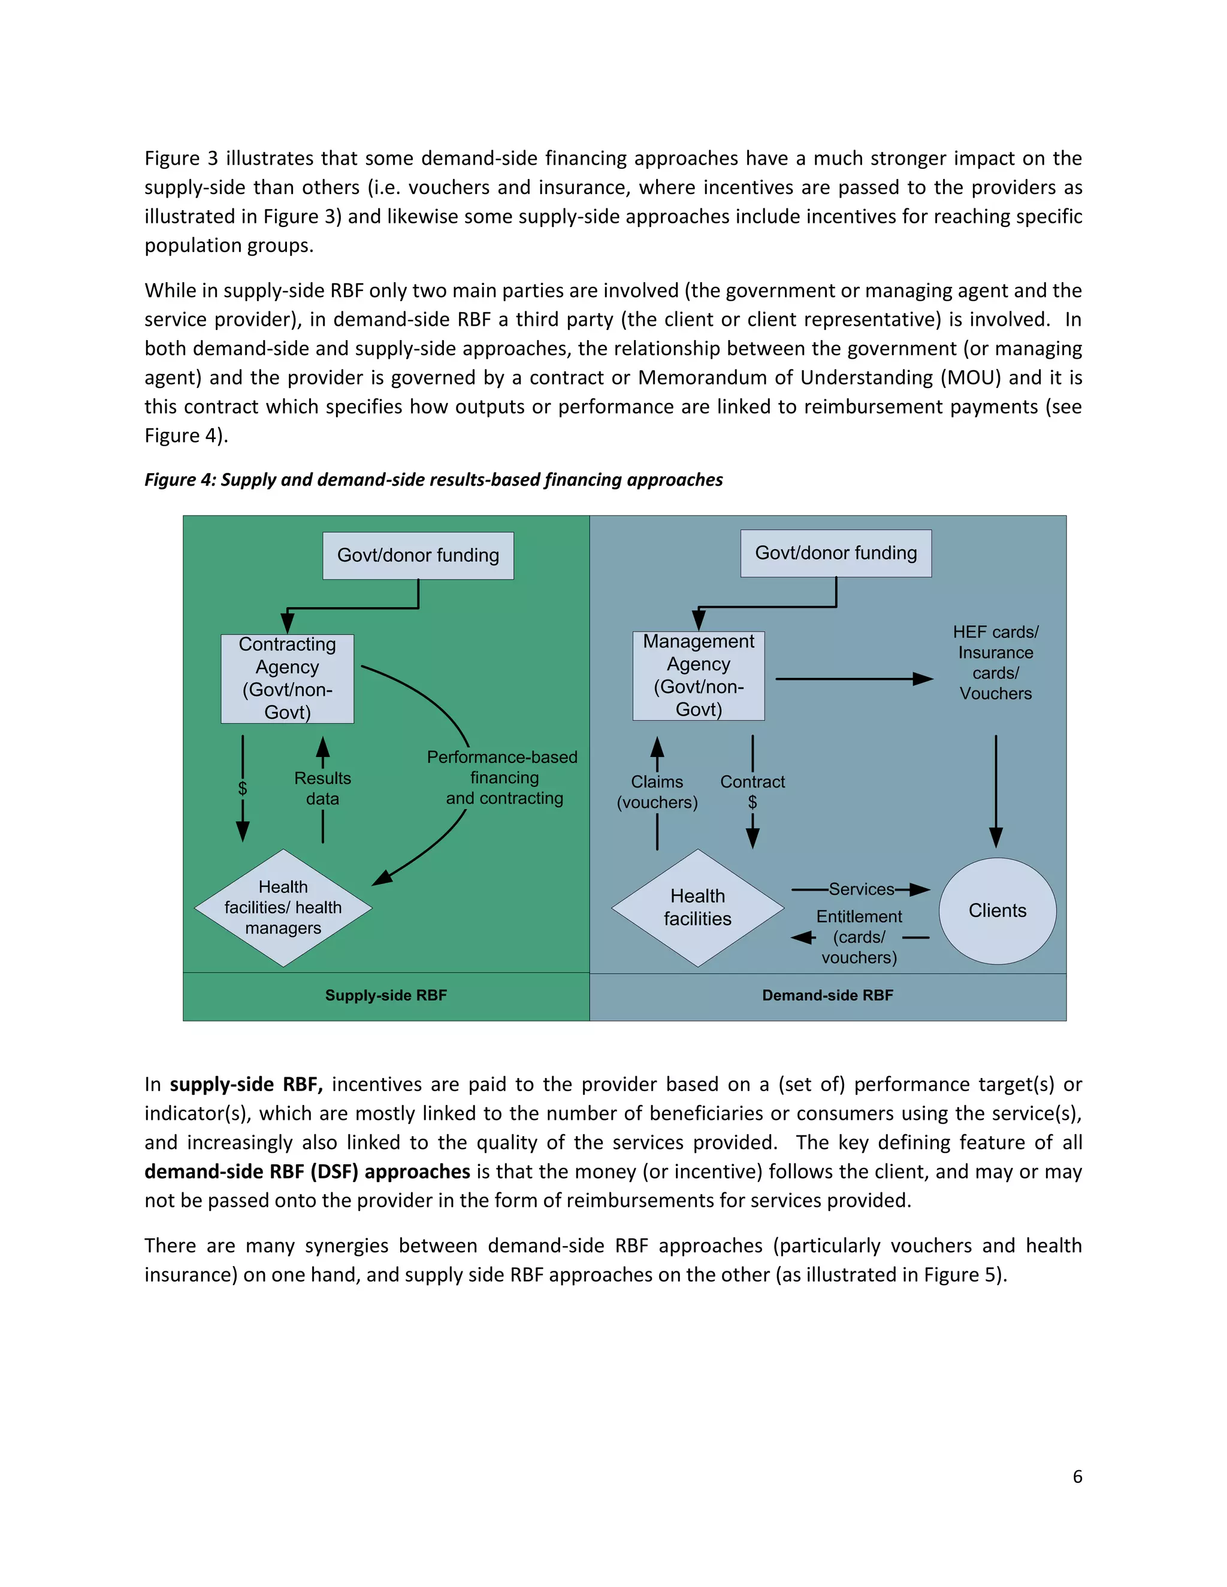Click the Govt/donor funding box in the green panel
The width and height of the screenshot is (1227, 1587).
[x=418, y=556]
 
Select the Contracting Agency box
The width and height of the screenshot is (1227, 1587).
[x=287, y=679]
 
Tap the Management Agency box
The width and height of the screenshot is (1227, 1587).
[x=699, y=676]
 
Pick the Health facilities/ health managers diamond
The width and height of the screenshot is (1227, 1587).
[x=283, y=907]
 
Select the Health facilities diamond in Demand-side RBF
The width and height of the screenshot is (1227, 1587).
[x=697, y=907]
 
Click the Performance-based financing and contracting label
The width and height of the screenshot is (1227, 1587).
[x=503, y=777]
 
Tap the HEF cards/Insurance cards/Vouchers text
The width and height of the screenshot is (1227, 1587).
[x=995, y=663]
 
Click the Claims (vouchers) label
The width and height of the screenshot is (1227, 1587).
[x=657, y=792]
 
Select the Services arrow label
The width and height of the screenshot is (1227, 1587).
[x=861, y=889]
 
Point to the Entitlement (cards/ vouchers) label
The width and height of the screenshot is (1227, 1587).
[x=859, y=937]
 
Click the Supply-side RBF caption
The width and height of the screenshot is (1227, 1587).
[x=386, y=995]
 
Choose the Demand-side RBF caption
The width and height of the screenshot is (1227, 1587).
[x=827, y=995]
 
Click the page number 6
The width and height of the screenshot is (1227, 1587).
[x=1077, y=1477]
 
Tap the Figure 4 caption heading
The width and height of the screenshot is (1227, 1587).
[x=433, y=480]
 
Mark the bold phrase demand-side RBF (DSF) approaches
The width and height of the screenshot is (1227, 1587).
[x=307, y=1171]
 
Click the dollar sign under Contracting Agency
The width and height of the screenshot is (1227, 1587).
[x=243, y=789]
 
